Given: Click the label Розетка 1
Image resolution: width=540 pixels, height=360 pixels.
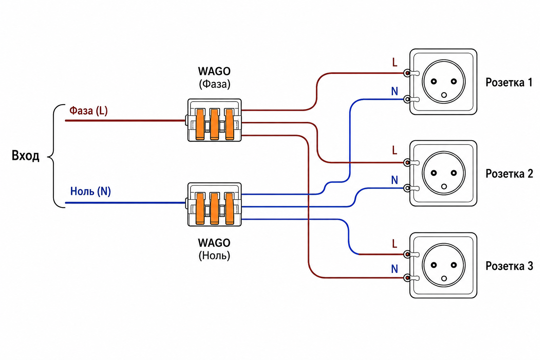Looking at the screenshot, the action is (509, 83).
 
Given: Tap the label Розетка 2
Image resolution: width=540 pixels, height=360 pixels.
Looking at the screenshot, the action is (509, 174).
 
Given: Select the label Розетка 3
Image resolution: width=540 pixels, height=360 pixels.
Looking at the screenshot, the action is (509, 266).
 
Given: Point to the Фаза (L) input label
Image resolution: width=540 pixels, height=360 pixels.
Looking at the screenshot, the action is (89, 111).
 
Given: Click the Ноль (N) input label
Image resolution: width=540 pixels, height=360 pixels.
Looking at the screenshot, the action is (90, 191).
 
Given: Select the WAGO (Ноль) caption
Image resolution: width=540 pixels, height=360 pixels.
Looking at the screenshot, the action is (214, 249).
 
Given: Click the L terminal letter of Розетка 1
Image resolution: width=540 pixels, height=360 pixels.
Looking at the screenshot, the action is (395, 63).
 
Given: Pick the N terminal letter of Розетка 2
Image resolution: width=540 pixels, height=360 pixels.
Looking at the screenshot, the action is (394, 180).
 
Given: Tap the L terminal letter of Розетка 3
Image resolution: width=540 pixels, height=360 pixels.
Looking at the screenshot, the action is (395, 244).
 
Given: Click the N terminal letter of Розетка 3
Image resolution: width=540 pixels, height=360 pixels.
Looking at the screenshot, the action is (394, 269).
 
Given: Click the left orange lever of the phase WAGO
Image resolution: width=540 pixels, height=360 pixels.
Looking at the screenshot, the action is (200, 124).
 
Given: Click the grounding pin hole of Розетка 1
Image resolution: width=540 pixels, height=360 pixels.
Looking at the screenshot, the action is (444, 95).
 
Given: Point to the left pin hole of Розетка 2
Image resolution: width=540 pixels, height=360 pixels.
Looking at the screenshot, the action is (434, 173).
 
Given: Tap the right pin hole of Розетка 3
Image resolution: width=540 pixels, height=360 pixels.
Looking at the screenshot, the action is (454, 265).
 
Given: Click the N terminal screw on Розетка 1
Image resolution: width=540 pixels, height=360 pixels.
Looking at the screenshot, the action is (407, 99).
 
